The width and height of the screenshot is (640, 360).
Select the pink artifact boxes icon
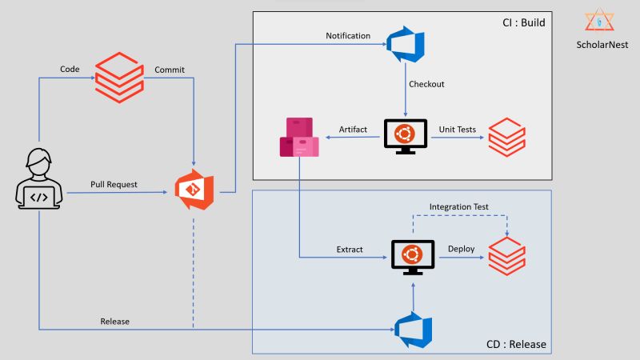point(299,137)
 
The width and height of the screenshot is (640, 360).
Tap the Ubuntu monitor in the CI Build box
point(406,135)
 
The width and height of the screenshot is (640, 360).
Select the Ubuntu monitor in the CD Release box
point(412,257)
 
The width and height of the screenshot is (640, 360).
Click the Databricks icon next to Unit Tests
point(506,136)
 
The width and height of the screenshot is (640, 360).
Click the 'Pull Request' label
point(114,185)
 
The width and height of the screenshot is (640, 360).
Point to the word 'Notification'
point(348,36)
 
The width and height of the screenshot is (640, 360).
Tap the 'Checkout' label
point(426,84)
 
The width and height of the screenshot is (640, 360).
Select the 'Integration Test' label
point(458,207)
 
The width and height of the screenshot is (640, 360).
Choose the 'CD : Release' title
point(516,345)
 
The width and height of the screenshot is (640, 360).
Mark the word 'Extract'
point(350,250)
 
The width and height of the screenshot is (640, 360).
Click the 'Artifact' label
point(353,129)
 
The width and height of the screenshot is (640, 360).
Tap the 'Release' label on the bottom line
point(115,322)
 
